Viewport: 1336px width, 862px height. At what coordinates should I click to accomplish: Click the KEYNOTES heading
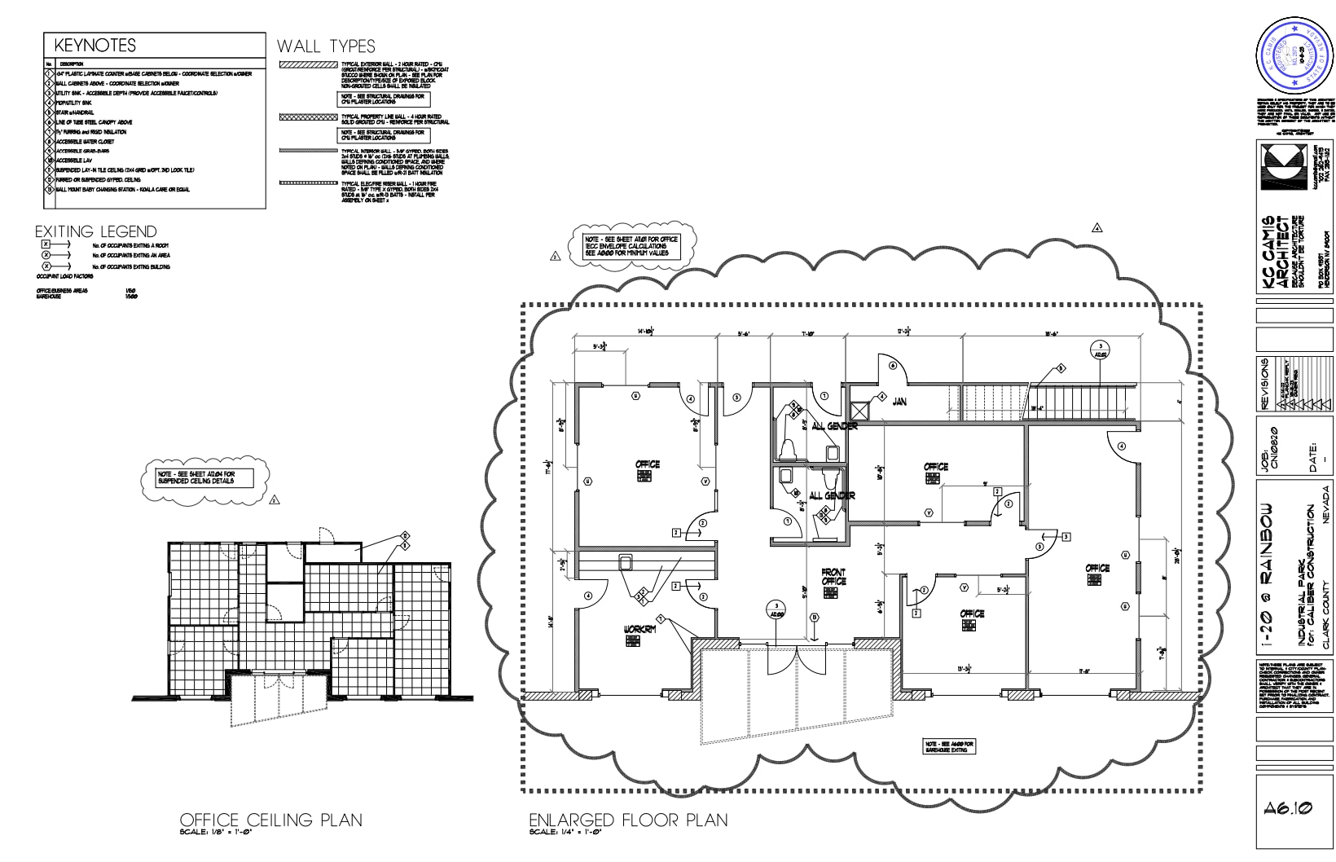[x=94, y=46]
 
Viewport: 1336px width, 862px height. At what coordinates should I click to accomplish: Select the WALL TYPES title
[x=326, y=46]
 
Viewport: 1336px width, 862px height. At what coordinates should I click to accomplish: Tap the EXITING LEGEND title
[x=95, y=231]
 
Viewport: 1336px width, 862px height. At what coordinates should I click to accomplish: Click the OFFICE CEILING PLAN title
[x=270, y=820]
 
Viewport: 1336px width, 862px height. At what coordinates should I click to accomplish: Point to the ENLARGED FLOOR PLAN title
[x=628, y=820]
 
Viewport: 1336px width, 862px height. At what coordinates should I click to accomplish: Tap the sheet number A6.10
[x=1288, y=808]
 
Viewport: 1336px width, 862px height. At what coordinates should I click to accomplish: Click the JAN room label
[x=899, y=402]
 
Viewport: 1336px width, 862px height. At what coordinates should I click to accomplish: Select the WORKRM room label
[x=639, y=629]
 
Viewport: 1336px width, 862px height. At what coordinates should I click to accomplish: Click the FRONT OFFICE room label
[x=833, y=577]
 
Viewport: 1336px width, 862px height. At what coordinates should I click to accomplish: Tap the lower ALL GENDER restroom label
[x=832, y=495]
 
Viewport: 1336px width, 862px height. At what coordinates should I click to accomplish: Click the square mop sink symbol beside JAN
[x=859, y=411]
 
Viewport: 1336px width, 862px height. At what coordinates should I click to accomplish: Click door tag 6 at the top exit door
[x=893, y=367]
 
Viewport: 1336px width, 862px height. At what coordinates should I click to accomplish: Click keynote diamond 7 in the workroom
[x=661, y=618]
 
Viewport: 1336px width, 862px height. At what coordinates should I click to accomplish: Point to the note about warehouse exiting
[x=948, y=746]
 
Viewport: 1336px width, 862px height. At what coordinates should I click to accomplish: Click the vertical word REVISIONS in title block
[x=1264, y=383]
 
